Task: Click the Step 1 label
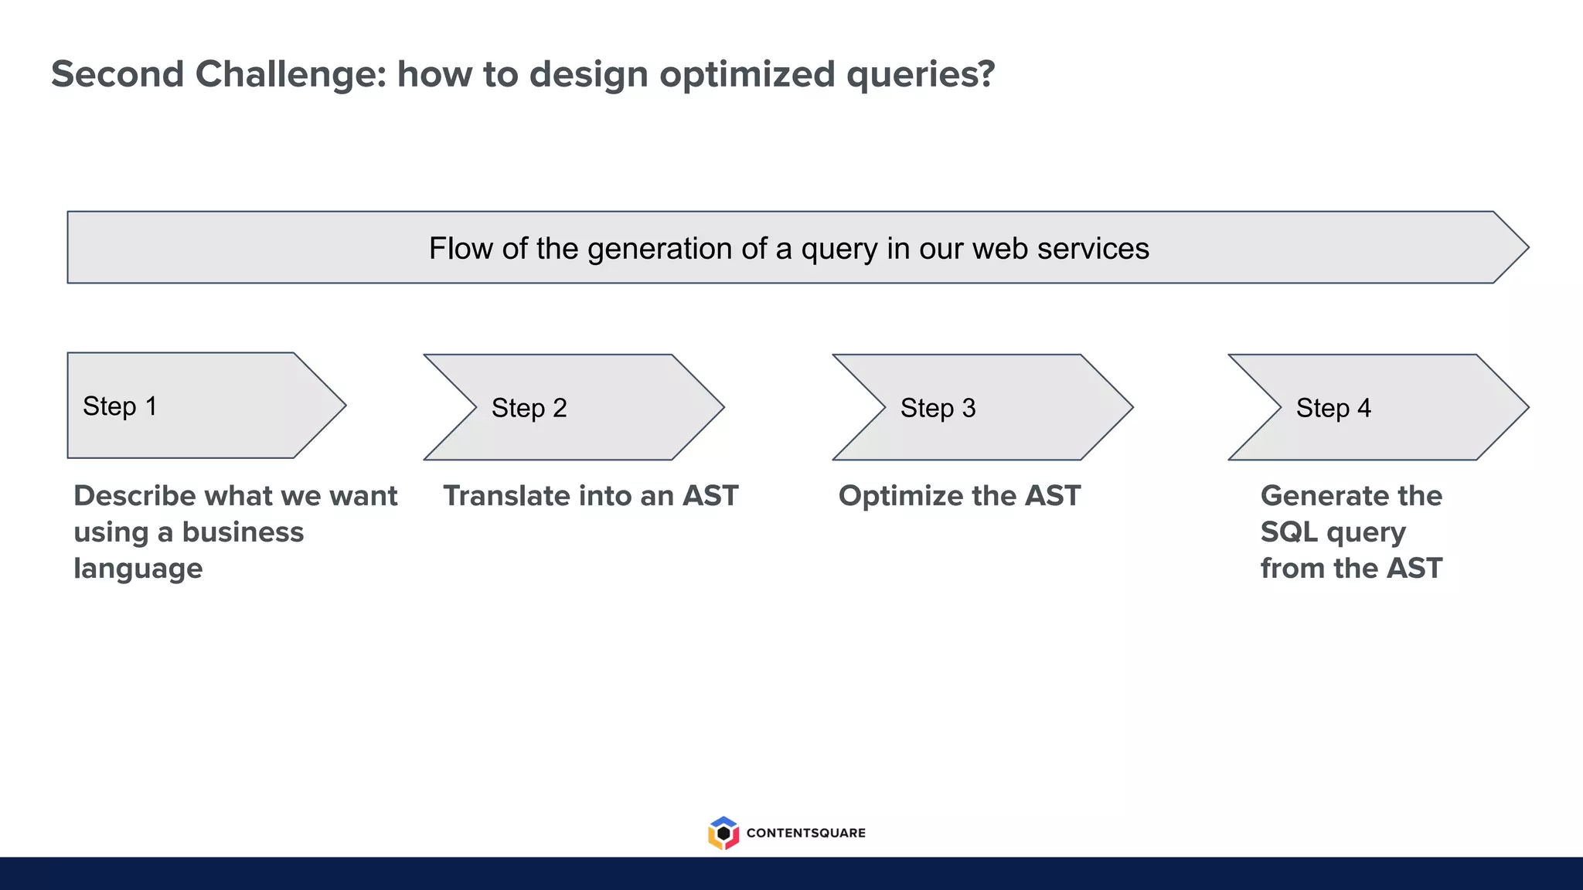pyautogui.click(x=120, y=406)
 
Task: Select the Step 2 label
pyautogui.click(x=529, y=408)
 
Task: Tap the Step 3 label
pyautogui.click(x=938, y=408)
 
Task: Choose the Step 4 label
pyautogui.click(x=1333, y=408)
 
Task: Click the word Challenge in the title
pyautogui.click(x=290, y=75)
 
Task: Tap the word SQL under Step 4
pyautogui.click(x=1289, y=532)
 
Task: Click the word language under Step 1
pyautogui.click(x=138, y=569)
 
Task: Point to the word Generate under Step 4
pyautogui.click(x=1321, y=496)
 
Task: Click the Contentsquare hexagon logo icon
pyautogui.click(x=723, y=833)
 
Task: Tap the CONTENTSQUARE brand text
pyautogui.click(x=805, y=833)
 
